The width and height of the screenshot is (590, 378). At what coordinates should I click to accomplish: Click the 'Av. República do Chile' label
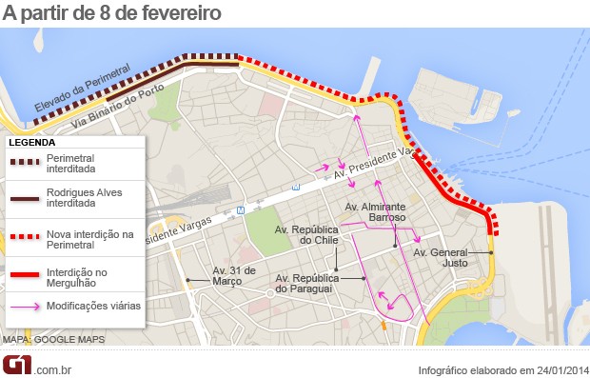click(306, 235)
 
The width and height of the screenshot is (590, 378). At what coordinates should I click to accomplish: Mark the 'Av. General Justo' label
click(441, 258)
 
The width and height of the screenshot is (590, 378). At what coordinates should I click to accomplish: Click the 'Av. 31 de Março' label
click(234, 275)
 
